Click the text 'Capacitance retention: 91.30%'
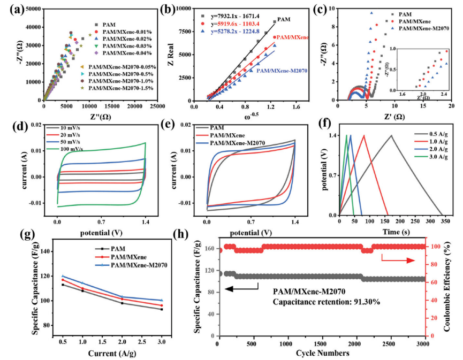click(x=327, y=302)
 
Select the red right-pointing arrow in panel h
click(x=399, y=259)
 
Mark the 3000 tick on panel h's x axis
click(x=423, y=342)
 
